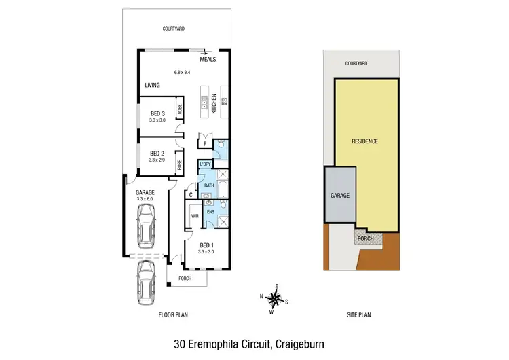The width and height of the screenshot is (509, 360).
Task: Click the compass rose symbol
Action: [276, 298]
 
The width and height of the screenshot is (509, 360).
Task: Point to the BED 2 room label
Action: [157, 153]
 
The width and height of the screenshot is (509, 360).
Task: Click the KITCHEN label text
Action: [214, 103]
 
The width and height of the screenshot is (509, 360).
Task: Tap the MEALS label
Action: [208, 59]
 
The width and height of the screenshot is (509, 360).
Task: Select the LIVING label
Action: [152, 85]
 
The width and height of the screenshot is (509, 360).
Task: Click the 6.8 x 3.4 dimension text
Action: [183, 72]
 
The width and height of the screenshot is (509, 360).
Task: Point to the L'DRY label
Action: [204, 165]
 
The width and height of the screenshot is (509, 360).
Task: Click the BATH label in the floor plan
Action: [210, 185]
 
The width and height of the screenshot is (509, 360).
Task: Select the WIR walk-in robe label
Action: [194, 216]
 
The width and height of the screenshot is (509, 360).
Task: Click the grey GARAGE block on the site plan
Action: [340, 195]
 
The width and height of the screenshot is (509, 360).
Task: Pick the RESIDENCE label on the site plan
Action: [364, 141]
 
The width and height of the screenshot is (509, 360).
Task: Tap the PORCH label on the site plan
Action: [365, 239]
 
